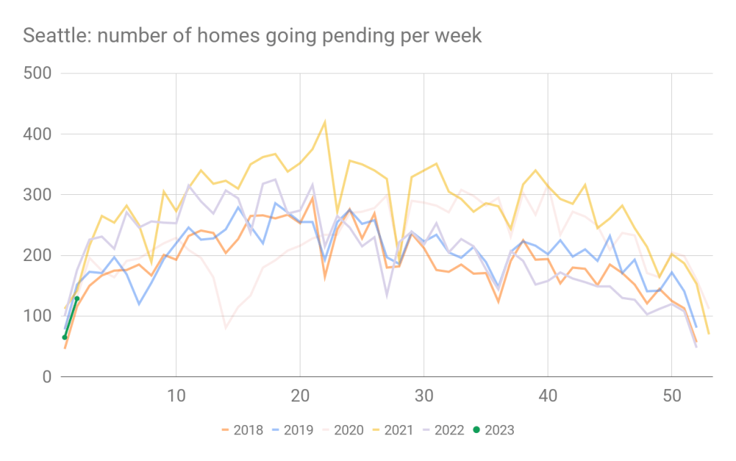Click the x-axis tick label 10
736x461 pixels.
tap(175, 396)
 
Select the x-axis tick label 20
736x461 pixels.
tap(300, 396)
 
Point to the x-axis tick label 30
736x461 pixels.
tap(424, 396)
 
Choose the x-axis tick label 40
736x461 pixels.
tap(548, 396)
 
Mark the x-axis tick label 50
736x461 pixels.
tap(672, 396)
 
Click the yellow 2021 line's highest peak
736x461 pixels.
tap(324, 122)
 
